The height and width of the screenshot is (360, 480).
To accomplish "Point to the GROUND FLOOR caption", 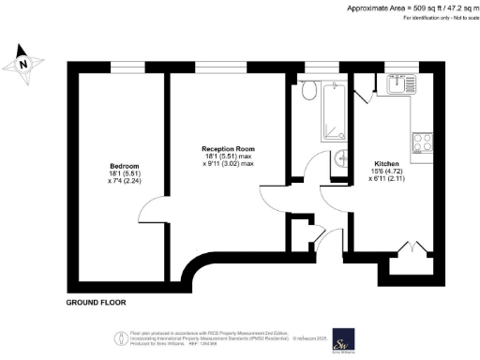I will point(96,303).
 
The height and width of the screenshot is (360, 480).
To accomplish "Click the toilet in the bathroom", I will point(309,90).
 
